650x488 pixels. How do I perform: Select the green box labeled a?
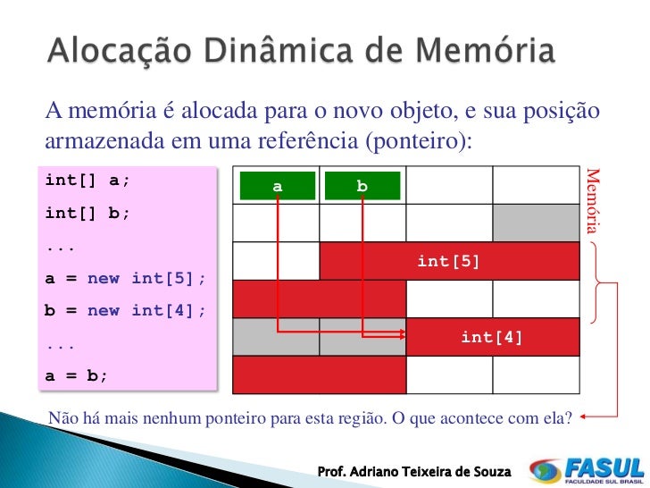tap(278, 186)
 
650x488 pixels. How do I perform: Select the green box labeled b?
tap(362, 186)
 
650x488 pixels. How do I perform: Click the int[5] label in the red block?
tap(448, 261)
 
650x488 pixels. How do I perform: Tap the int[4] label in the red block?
tap(491, 337)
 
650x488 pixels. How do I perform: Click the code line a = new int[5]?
tap(125, 278)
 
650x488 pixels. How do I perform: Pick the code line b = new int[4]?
tap(125, 310)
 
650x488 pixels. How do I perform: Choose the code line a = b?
tap(76, 375)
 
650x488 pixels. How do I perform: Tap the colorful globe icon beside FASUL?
tap(545, 470)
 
